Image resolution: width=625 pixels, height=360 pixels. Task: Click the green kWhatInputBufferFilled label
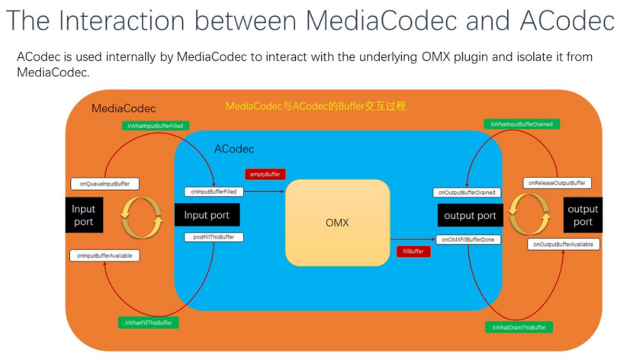tap(155, 126)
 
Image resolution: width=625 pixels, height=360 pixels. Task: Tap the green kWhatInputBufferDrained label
tap(521, 124)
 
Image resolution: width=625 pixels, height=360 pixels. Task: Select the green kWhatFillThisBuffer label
tap(148, 322)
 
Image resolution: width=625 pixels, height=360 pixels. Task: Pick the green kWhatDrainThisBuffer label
tap(519, 327)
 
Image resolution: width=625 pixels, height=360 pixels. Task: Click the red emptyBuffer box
tap(265, 175)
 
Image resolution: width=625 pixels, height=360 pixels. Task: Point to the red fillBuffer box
tap(413, 252)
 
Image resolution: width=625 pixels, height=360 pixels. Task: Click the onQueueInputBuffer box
tap(105, 184)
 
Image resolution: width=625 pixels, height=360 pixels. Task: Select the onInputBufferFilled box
tap(214, 192)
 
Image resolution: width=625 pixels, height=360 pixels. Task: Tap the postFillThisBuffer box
tap(214, 237)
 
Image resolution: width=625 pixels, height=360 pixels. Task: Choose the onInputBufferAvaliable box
tap(104, 256)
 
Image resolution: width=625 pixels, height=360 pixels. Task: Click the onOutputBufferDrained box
tap(467, 193)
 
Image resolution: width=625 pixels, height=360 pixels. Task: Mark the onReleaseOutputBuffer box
tap(557, 183)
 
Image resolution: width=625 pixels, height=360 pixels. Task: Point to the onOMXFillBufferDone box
tap(468, 240)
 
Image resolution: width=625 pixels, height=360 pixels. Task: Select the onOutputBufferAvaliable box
tap(564, 244)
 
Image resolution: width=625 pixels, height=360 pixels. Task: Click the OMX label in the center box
tap(337, 222)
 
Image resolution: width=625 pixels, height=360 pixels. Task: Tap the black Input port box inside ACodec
tap(207, 215)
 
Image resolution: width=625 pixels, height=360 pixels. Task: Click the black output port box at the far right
tap(583, 215)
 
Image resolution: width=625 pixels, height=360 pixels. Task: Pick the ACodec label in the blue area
tap(234, 149)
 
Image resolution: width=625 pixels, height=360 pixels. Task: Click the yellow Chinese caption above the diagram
tap(316, 106)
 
